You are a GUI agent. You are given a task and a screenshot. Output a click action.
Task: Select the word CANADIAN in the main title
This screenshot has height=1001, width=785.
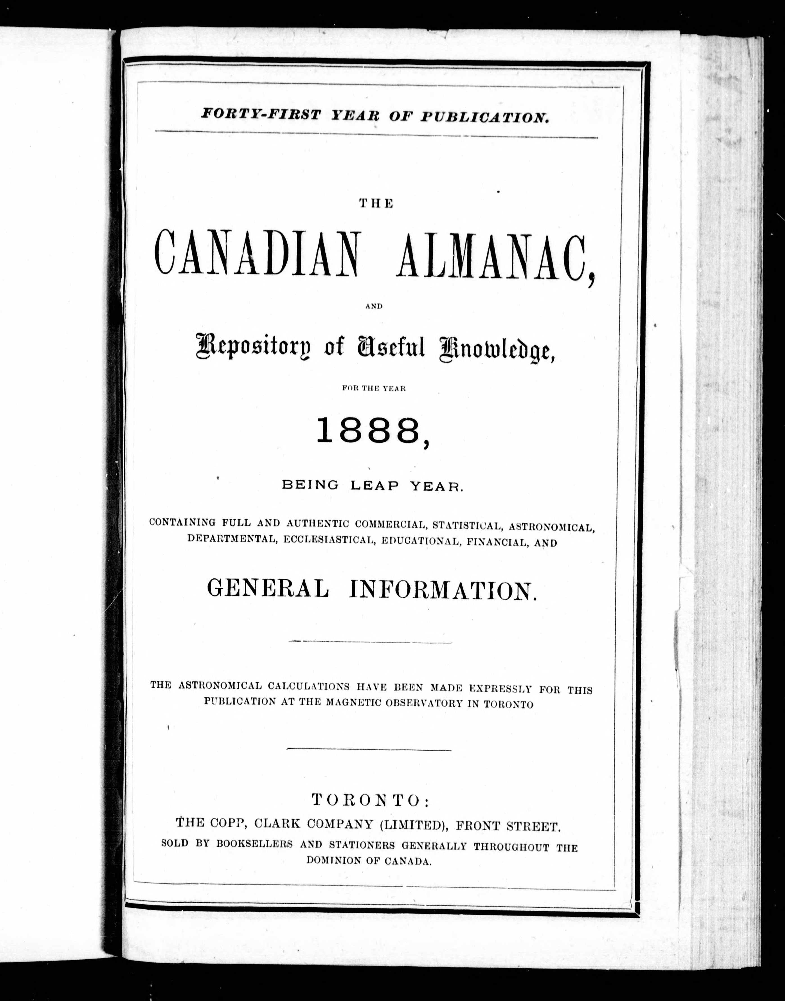point(256,256)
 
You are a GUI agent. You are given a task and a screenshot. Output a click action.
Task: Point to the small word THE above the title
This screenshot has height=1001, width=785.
point(376,204)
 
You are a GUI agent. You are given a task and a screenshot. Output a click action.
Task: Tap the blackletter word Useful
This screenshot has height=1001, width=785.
point(390,348)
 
